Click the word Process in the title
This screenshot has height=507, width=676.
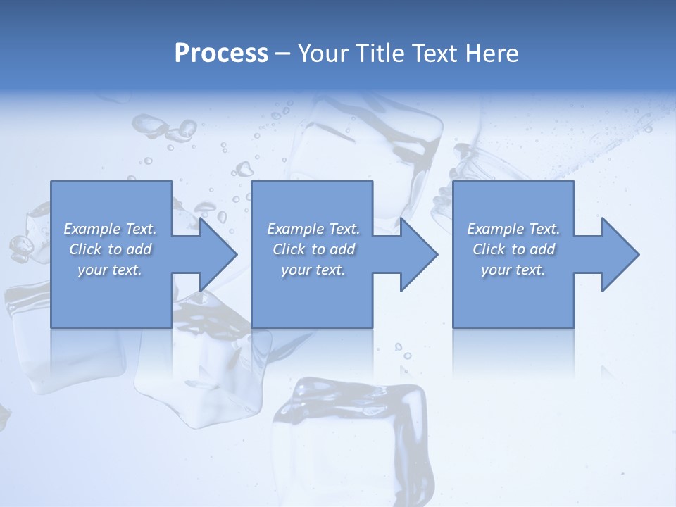[221, 54]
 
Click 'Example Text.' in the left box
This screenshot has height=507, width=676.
[110, 229]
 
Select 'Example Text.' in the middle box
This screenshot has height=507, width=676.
[313, 229]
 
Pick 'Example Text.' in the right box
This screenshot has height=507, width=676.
[513, 229]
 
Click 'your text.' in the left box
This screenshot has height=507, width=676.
[110, 270]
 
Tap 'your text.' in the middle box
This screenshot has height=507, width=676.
[313, 270]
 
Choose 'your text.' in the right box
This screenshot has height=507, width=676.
[513, 270]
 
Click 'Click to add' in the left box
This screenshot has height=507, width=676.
[110, 249]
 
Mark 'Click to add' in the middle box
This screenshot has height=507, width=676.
[313, 249]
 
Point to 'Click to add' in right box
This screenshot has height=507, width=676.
[513, 249]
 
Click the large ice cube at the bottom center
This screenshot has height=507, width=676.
[352, 437]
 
